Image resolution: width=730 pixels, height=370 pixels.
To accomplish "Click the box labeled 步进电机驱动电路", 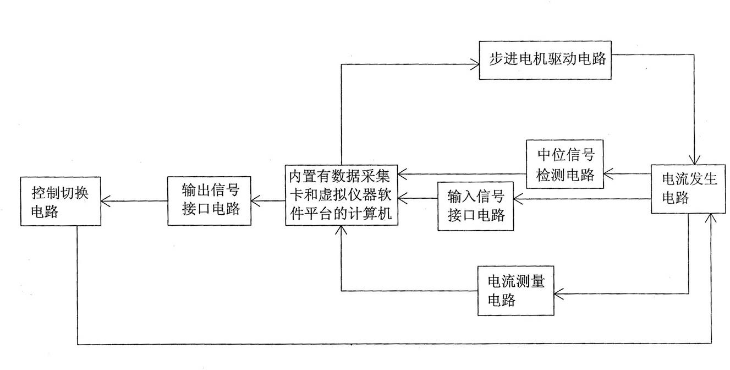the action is pyautogui.click(x=545, y=60).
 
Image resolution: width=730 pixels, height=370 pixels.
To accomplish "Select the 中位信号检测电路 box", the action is pyautogui.click(x=565, y=164).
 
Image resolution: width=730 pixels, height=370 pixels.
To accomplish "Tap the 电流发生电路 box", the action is pyautogui.click(x=688, y=189).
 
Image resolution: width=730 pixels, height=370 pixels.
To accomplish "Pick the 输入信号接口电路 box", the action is pyautogui.click(x=475, y=206).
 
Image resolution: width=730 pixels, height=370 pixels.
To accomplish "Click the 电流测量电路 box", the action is pyautogui.click(x=516, y=291).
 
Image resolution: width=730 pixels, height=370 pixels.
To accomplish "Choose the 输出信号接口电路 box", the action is pyautogui.click(x=209, y=200).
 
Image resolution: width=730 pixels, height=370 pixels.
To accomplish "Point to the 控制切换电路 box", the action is pyautogui.click(x=61, y=202).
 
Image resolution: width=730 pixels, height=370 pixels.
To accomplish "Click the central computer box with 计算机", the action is pyautogui.click(x=341, y=195).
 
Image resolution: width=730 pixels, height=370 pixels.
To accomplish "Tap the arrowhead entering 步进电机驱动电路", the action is pyautogui.click(x=475, y=64).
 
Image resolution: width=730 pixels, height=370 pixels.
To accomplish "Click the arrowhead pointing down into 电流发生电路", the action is pyautogui.click(x=694, y=160).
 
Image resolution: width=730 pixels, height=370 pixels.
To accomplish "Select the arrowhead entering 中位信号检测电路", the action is pyautogui.click(x=608, y=174).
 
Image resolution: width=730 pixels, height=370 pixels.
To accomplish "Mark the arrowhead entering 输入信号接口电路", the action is pyautogui.click(x=519, y=199).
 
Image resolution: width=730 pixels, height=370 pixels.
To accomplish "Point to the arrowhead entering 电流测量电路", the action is pyautogui.click(x=559, y=294).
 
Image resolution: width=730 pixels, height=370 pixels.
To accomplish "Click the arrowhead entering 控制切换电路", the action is pyautogui.click(x=106, y=201).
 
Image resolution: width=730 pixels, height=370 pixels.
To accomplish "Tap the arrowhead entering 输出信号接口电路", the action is pyautogui.click(x=256, y=200).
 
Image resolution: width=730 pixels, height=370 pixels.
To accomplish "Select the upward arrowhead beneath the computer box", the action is pyautogui.click(x=341, y=230).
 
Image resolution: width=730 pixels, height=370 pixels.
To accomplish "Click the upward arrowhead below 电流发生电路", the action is pyautogui.click(x=711, y=219).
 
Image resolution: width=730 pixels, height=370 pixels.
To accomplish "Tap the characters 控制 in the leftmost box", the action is pyautogui.click(x=46, y=193).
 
